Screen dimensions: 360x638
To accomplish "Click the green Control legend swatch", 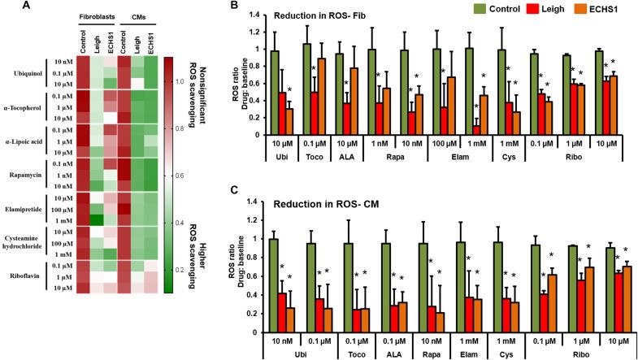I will (x=474, y=11).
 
